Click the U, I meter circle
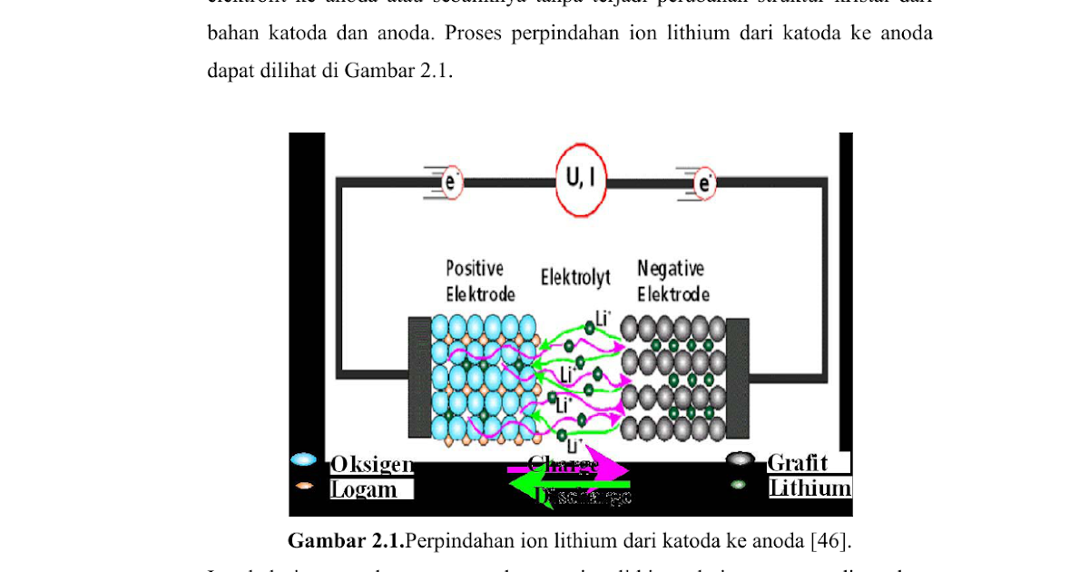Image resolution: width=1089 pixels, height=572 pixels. coord(581,180)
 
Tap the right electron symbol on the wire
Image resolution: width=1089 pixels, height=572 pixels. coord(704,183)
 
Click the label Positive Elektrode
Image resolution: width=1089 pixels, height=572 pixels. coord(479,281)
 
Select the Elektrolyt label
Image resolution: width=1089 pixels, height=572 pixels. coord(575,277)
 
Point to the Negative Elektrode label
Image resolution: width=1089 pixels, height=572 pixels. coord(672,281)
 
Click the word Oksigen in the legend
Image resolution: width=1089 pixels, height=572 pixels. coord(371,464)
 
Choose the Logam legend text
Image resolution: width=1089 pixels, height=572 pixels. coord(363,489)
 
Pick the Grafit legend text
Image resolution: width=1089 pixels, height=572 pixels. coord(798,462)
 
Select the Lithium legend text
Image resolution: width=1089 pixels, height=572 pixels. coord(809,488)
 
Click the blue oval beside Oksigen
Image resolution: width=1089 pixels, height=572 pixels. coord(303,460)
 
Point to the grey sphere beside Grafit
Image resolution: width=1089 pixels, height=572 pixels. coord(741,459)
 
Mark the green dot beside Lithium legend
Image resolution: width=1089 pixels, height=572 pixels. coord(739,484)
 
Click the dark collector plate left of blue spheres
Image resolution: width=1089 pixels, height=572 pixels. coord(419,378)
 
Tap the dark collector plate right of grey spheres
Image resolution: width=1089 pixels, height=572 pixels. coord(737,378)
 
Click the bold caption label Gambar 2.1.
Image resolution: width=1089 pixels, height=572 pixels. coord(345,541)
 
